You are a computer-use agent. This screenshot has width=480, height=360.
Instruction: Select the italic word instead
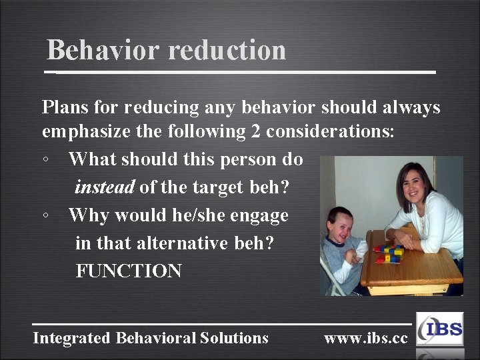(105, 187)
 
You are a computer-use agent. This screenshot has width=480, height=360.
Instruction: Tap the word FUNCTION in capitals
(129, 271)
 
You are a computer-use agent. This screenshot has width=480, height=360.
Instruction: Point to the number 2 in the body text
(255, 132)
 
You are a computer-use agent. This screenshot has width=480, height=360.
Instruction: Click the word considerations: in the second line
(331, 132)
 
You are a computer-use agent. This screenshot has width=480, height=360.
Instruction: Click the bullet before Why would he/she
(44, 216)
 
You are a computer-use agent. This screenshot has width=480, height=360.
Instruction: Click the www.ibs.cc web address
(365, 338)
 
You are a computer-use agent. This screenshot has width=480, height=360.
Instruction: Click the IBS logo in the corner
(439, 329)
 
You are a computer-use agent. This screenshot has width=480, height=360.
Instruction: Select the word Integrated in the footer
(72, 338)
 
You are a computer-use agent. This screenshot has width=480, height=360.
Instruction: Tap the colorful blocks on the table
(389, 253)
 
